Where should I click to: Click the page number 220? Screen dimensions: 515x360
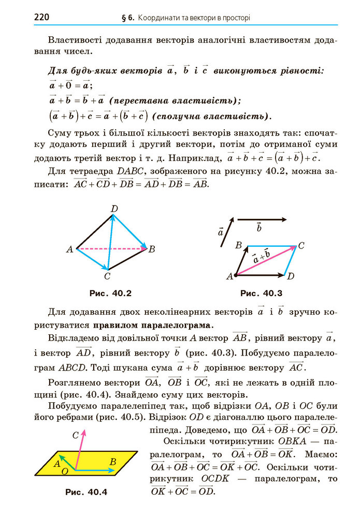[41, 17]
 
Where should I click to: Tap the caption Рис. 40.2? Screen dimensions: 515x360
[110, 293]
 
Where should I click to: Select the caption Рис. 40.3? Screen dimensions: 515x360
[261, 293]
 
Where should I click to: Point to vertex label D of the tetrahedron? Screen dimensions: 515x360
[114, 209]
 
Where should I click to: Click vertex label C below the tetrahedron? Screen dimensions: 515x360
[107, 276]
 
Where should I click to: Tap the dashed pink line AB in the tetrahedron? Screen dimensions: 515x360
[111, 249]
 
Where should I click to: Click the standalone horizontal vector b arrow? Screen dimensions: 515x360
[262, 219]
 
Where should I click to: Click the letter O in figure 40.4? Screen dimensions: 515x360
[65, 472]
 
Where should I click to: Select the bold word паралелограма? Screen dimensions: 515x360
[153, 326]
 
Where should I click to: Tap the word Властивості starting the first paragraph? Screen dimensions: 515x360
[73, 40]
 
